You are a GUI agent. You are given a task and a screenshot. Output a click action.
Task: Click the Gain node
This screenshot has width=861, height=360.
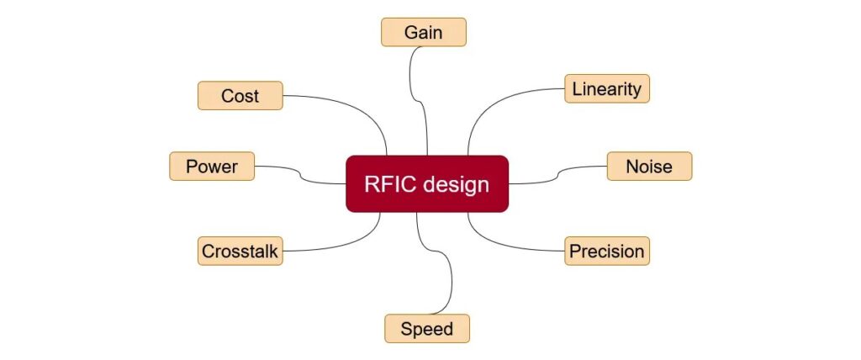tap(423, 32)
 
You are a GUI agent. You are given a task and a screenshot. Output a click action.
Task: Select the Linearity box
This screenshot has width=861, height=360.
tap(606, 88)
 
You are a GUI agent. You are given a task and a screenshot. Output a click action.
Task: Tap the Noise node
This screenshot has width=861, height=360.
tap(649, 167)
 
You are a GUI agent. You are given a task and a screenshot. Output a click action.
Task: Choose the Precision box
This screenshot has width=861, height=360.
tap(606, 251)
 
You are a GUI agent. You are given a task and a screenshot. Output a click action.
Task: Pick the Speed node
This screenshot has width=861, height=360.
tap(426, 328)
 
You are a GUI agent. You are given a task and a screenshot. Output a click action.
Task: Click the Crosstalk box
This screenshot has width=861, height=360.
tap(240, 251)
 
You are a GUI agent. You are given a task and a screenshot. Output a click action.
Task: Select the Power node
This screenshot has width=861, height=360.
tap(212, 167)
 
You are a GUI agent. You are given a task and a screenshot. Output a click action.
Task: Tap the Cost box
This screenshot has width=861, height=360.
tap(240, 96)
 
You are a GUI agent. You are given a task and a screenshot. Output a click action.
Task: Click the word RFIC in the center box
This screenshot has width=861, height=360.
tap(390, 184)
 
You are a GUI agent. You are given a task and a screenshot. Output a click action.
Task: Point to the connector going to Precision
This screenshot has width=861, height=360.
tap(504, 246)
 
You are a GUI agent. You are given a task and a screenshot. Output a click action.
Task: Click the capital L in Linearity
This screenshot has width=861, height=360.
tap(577, 88)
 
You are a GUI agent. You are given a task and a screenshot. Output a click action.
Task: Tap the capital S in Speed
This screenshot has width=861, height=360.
tap(406, 328)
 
